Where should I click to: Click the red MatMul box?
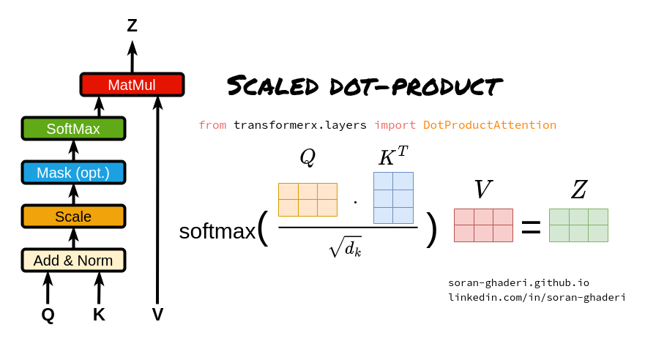tap(132, 85)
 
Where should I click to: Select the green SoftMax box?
tap(73, 129)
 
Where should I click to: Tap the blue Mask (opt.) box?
tap(73, 173)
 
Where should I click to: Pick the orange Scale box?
tap(73, 217)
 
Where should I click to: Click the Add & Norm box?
tap(73, 260)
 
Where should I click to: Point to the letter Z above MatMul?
tap(132, 26)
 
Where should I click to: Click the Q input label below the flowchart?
tap(48, 315)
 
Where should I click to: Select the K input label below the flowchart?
tap(99, 315)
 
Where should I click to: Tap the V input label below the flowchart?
tap(157, 315)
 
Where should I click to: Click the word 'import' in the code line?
tap(395, 125)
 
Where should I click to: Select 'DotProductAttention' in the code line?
tap(490, 125)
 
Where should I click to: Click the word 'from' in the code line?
tap(212, 125)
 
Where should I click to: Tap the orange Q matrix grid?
tap(307, 200)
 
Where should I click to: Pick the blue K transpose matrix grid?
tap(393, 198)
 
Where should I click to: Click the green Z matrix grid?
tap(578, 225)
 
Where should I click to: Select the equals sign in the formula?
tap(531, 228)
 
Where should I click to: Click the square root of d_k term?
tap(345, 248)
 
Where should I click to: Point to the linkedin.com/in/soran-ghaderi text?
tap(537, 298)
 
